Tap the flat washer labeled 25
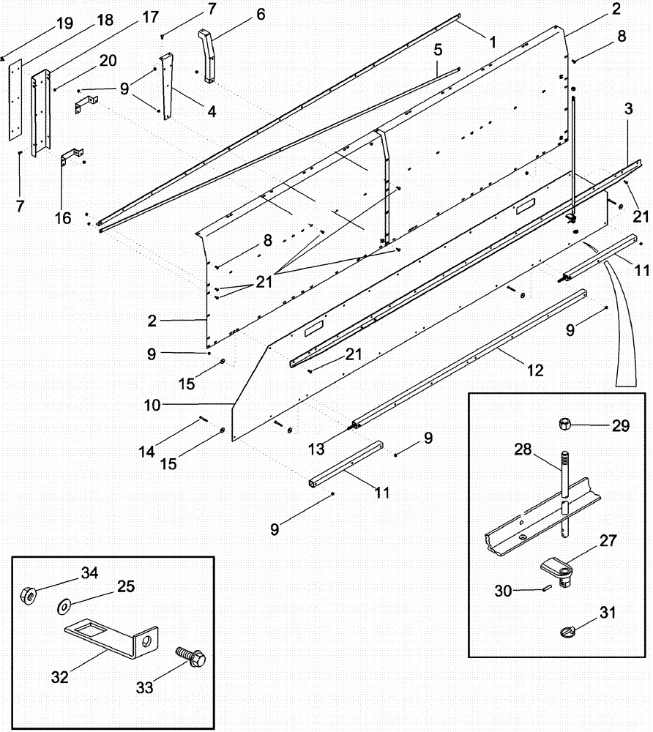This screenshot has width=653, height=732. [64, 605]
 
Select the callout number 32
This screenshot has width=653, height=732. [59, 677]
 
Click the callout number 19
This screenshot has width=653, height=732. [64, 23]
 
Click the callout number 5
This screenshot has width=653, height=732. [438, 51]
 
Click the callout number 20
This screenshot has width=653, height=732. [108, 61]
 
